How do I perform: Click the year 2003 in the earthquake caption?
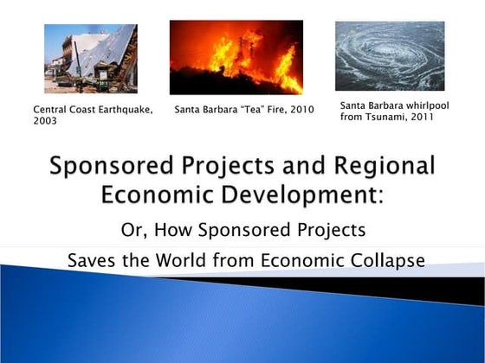[45, 122]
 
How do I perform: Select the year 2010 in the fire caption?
[301, 110]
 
